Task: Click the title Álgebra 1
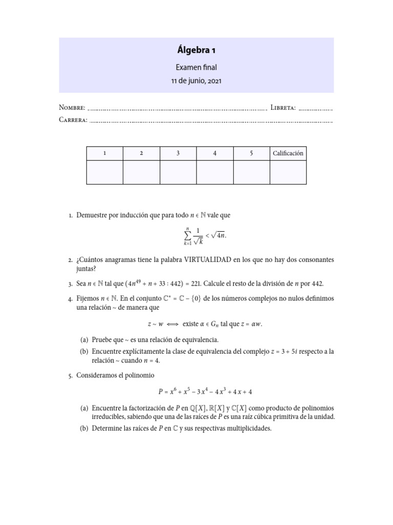coord(196,50)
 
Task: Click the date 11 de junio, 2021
coord(196,80)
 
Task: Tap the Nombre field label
coord(72,108)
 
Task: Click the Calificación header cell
coord(288,153)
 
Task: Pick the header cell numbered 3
coord(178,153)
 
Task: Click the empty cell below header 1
coord(105,172)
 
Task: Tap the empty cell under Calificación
coord(288,172)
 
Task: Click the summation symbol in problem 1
coord(187,235)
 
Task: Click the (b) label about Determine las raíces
coord(84,429)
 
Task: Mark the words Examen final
coord(196,67)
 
